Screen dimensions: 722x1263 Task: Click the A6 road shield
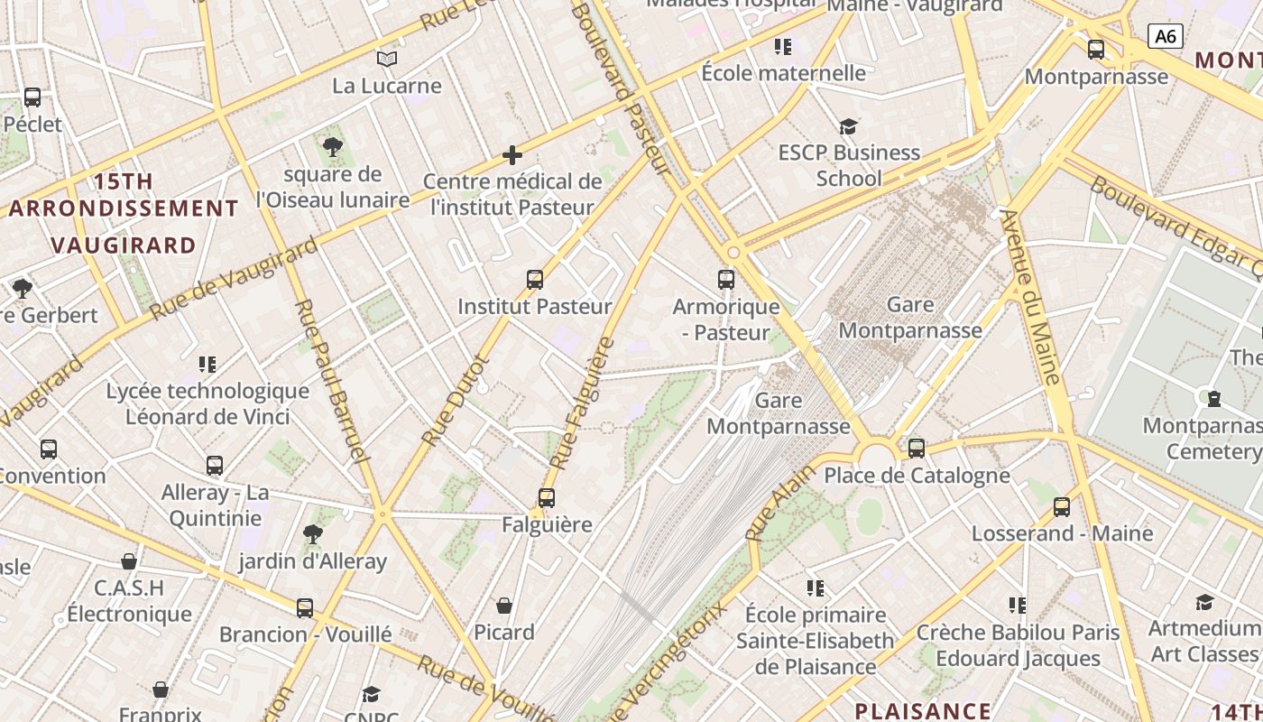[x=1165, y=36]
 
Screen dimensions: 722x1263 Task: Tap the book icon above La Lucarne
[x=387, y=60]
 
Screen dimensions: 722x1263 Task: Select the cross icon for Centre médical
[x=512, y=155]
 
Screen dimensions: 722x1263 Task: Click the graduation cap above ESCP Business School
[x=848, y=126]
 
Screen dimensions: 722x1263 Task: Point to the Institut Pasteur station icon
[x=535, y=280]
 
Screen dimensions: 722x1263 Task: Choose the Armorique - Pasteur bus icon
[x=726, y=280]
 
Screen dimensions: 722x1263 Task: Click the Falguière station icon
[x=547, y=498]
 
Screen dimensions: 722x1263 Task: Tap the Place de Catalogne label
[x=917, y=476]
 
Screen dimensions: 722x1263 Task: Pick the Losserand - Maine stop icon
[x=1062, y=507]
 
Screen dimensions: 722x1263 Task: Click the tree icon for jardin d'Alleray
[x=313, y=534]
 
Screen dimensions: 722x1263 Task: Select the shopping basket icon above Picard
[x=504, y=606]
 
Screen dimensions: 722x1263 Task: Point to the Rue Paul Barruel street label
[x=332, y=379]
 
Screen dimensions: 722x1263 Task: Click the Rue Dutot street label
[x=456, y=400]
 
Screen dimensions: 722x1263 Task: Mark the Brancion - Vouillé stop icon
[x=305, y=608]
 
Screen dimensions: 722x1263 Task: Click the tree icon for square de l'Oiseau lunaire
[x=333, y=147]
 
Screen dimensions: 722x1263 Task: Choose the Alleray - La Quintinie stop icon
[x=215, y=467]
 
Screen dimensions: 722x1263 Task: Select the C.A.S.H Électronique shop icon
[x=129, y=562]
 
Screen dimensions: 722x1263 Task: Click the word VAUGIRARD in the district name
[x=124, y=245]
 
